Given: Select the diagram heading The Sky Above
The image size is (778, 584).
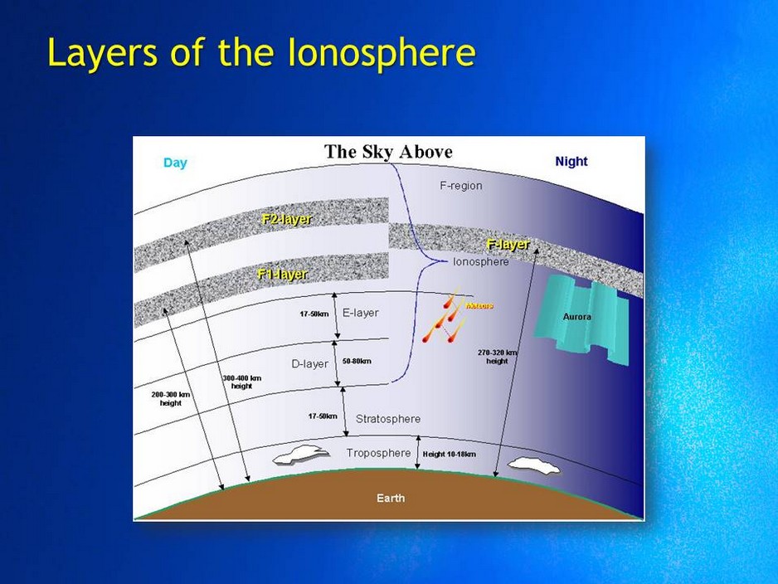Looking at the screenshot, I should tap(388, 151).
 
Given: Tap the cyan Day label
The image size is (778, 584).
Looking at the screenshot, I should tap(175, 163).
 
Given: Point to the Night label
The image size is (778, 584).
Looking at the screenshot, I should tap(571, 162).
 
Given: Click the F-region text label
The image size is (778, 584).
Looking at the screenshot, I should tap(460, 186).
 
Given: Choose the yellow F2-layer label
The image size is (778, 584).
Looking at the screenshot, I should tap(285, 219).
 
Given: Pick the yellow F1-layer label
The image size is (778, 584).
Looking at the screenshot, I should tap(283, 274).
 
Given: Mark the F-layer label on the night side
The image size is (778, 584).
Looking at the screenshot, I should tap(508, 245).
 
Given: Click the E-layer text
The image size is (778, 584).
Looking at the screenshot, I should tap(360, 313).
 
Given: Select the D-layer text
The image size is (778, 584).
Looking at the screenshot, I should tap(309, 363).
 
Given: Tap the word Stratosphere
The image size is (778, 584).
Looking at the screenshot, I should tap(387, 419).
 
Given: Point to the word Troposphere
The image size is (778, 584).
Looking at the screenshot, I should tap(378, 453).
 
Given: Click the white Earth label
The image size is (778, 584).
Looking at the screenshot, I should tap(391, 499).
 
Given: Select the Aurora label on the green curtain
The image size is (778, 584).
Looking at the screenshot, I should tap(576, 317).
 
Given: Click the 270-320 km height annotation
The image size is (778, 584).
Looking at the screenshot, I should tap(497, 357).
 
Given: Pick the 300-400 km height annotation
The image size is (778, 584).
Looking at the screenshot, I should tap(241, 382).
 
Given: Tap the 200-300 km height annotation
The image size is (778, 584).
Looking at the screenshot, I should tap(171, 398).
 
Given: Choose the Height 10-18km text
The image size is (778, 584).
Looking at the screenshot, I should tap(449, 454).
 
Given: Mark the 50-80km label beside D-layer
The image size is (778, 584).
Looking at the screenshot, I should tap(357, 362).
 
